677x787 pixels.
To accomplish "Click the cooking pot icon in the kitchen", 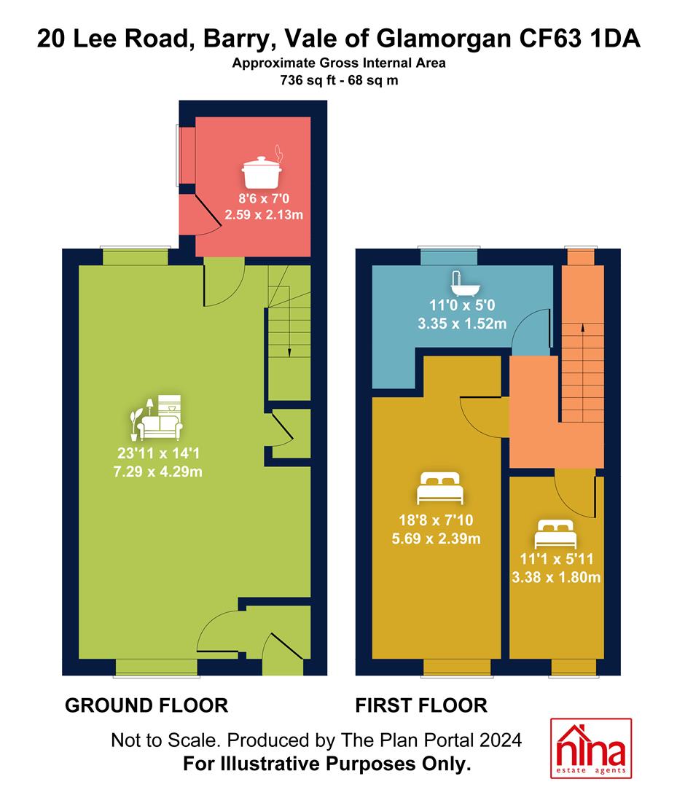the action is (x=262, y=168).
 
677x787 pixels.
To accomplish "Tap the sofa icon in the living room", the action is (x=157, y=418).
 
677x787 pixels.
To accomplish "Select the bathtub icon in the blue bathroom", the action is (x=465, y=283).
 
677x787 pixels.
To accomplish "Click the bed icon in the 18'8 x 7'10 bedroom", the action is (x=440, y=488).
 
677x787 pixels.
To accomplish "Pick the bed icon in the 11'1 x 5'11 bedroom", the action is (x=555, y=534).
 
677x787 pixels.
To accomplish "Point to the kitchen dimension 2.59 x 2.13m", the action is (x=264, y=215).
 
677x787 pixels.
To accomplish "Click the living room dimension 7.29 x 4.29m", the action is (x=157, y=471).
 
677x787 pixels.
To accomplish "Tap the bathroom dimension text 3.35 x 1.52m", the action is (x=462, y=324).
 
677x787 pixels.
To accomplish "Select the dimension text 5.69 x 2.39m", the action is (x=436, y=539).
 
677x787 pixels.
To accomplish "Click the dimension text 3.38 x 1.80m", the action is (x=556, y=577).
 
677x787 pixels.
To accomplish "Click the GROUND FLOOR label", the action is (x=146, y=705).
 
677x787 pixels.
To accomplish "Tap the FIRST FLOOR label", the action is (x=421, y=705).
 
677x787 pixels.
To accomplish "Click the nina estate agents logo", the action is (x=591, y=748).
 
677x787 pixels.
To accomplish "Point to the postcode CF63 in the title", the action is (x=550, y=39).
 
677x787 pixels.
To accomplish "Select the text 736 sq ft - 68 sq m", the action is (x=340, y=80).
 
